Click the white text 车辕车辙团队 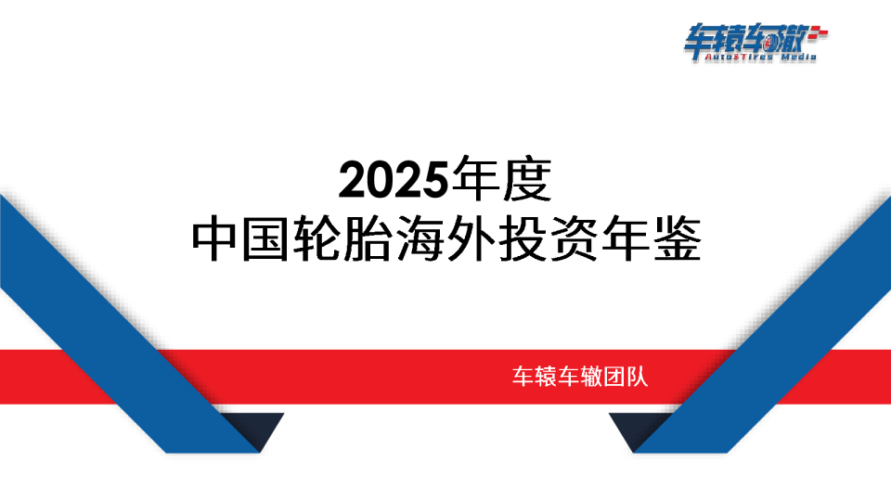point(585,378)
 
